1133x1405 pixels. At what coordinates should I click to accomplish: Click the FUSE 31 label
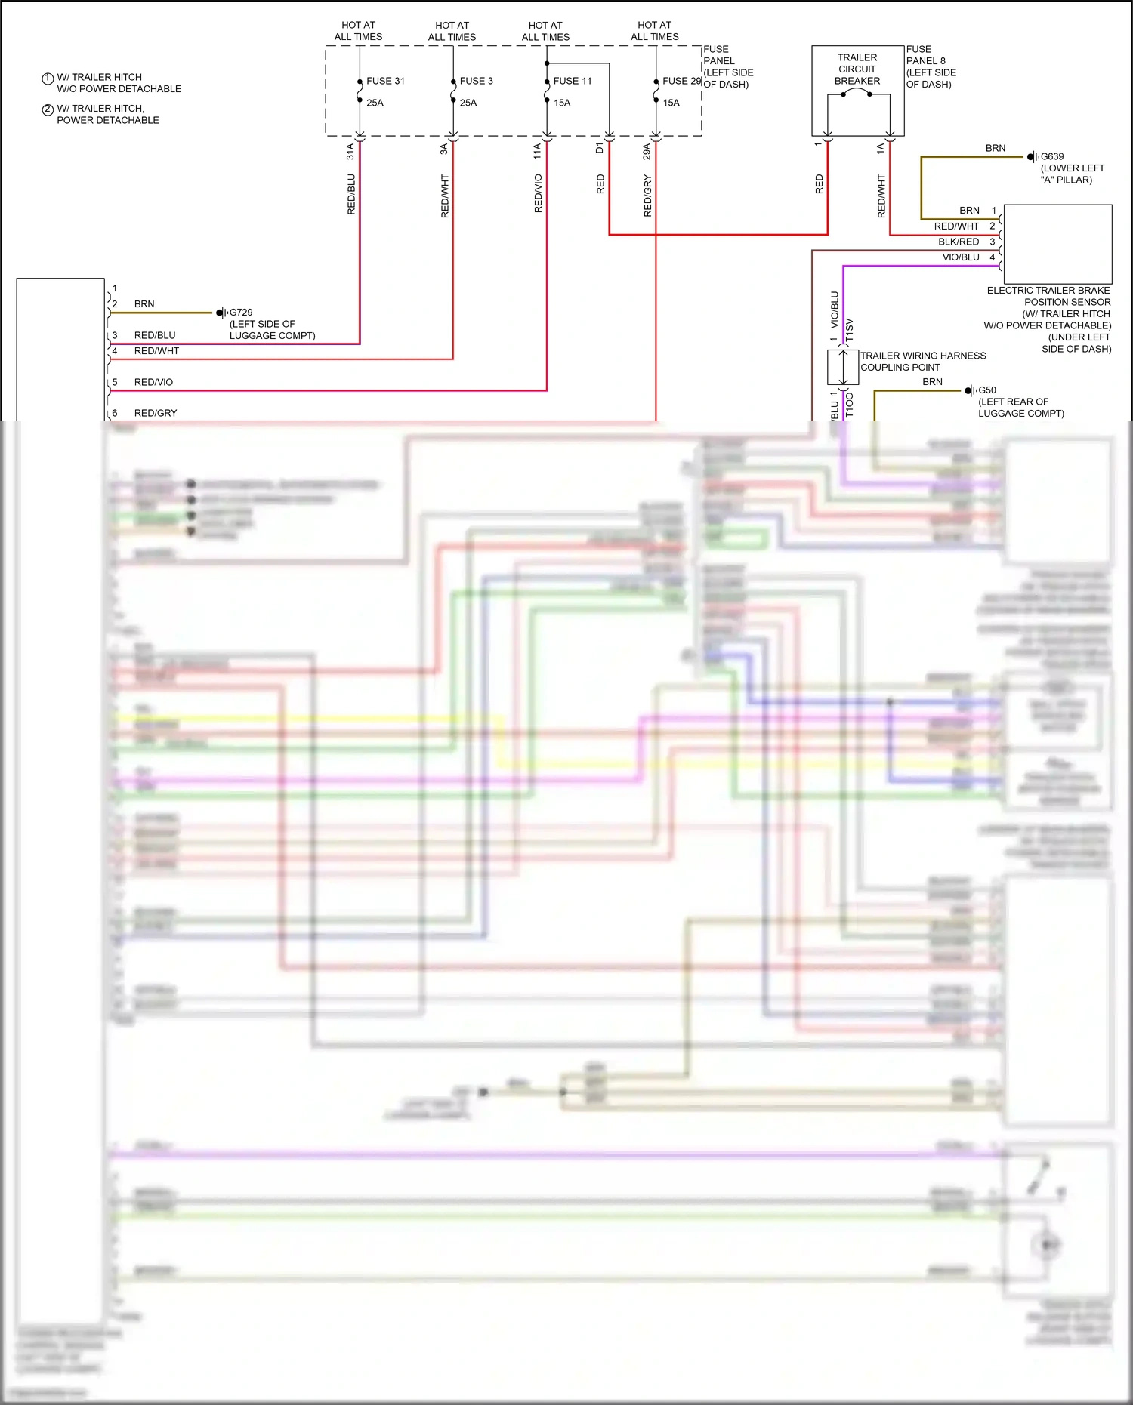[385, 81]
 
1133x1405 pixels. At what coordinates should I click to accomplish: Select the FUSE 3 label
[476, 81]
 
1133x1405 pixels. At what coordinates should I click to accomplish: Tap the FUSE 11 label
[572, 81]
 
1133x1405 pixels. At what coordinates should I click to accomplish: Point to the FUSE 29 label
[681, 81]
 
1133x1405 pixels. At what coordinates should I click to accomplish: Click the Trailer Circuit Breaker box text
[857, 69]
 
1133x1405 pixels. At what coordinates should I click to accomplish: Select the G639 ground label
[1052, 156]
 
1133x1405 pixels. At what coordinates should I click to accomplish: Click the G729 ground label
[241, 312]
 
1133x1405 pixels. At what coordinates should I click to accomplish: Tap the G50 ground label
[987, 390]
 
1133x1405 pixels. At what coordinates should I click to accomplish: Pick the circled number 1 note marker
[48, 78]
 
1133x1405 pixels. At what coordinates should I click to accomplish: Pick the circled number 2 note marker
[48, 109]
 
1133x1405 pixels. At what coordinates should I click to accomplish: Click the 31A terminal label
[350, 151]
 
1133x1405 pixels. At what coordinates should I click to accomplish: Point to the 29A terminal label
[647, 151]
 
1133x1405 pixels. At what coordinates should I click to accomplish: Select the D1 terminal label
[600, 148]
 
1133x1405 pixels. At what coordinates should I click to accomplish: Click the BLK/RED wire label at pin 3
[959, 242]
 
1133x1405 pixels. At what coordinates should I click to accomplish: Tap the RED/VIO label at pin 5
[153, 382]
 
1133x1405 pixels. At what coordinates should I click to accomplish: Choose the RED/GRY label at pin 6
[156, 413]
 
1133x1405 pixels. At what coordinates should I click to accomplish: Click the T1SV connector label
[849, 330]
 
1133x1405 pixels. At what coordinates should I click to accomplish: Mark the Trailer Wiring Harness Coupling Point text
[923, 361]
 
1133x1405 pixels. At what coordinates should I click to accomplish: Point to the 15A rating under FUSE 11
[562, 103]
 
